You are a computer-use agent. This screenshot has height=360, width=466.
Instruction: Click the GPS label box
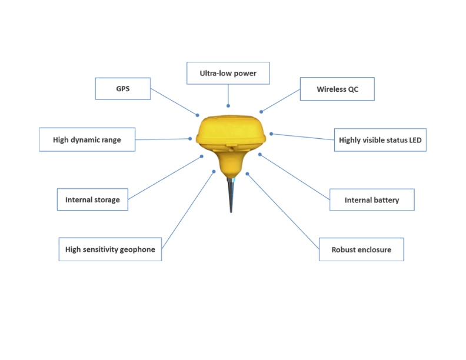[123, 88]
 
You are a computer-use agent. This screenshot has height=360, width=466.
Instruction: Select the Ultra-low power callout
[228, 73]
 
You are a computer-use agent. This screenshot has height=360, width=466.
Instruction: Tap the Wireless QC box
[337, 89]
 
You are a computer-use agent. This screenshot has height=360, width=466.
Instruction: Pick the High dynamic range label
[87, 139]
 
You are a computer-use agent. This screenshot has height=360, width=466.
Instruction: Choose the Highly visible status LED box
[380, 140]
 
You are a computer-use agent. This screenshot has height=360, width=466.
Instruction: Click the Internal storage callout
[92, 199]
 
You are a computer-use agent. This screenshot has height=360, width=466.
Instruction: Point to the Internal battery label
[372, 200]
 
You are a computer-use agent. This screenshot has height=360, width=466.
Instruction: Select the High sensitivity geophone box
[110, 249]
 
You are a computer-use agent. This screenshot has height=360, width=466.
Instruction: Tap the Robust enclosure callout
[361, 249]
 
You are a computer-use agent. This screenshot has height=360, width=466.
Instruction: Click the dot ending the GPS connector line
[197, 115]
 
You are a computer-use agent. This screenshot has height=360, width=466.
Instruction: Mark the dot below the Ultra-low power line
[228, 106]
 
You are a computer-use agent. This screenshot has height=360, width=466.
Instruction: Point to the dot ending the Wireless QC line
[261, 112]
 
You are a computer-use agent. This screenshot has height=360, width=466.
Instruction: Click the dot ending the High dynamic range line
[190, 138]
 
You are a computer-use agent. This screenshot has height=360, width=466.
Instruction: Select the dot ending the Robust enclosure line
[247, 174]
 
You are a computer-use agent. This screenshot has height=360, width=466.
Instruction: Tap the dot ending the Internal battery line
[259, 155]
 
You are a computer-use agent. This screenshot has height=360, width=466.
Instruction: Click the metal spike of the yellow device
[231, 195]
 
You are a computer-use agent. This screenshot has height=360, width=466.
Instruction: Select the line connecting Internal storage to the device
[165, 178]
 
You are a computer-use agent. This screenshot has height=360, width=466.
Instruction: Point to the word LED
[415, 140]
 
